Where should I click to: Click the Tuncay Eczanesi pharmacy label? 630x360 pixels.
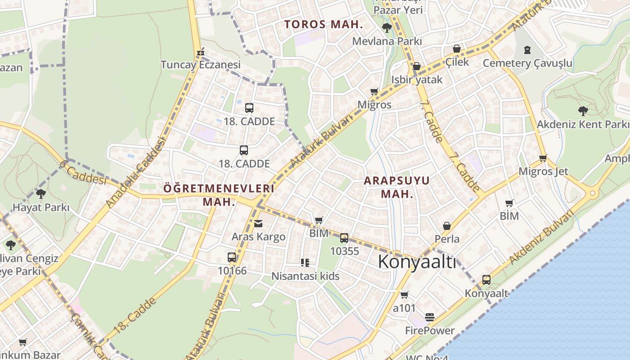[x=201, y=65]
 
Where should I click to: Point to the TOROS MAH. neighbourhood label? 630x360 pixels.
[x=324, y=25]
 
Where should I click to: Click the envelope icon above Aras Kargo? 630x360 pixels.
[x=258, y=224]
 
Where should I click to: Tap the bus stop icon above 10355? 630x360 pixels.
[x=344, y=238]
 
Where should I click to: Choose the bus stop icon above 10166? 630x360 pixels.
[x=232, y=257]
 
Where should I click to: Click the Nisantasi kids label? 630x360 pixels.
[x=306, y=276]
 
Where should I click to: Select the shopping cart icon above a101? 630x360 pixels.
[x=404, y=295]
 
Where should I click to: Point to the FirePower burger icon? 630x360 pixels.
[x=430, y=317]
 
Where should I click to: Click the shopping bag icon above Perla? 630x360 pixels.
[x=447, y=226]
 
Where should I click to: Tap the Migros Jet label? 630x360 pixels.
[x=543, y=171]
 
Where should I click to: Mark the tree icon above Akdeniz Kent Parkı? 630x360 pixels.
[x=583, y=111]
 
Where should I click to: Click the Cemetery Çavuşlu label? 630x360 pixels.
[x=527, y=63]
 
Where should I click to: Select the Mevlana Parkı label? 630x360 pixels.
[x=387, y=41]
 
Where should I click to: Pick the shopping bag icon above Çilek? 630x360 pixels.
[x=457, y=49]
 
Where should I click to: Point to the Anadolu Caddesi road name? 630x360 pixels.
[x=136, y=172]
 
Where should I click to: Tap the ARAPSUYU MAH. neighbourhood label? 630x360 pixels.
[x=396, y=187]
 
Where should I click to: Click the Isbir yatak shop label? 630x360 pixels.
[x=417, y=80]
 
